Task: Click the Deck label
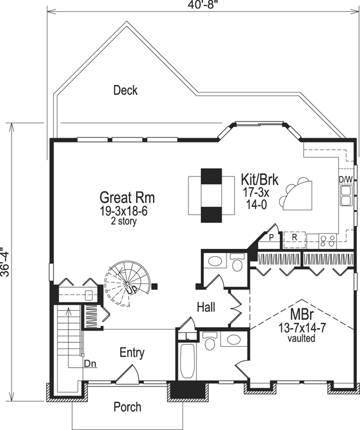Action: point(125,90)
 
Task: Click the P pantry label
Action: point(272,236)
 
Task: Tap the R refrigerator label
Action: point(294,236)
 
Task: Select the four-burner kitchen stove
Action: point(327,239)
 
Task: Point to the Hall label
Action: point(206,307)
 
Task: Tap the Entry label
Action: point(132,353)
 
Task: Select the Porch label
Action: point(128,407)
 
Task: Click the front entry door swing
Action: point(128,375)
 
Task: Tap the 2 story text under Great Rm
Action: point(123,221)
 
